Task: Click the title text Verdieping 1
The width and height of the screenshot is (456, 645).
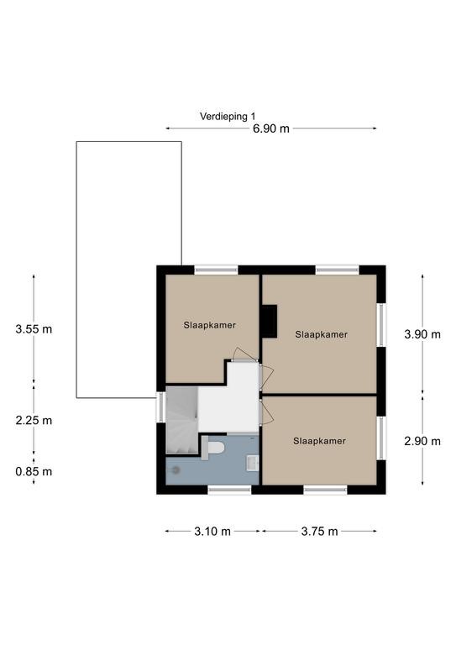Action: coord(228,117)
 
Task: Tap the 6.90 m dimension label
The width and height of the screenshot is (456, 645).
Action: coord(271,128)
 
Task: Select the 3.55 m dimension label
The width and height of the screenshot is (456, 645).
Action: coord(34,329)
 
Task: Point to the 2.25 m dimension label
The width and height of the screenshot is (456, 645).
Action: coord(34,421)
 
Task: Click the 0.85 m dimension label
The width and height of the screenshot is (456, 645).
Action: coord(34,471)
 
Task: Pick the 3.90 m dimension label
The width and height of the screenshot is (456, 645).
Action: coord(422,334)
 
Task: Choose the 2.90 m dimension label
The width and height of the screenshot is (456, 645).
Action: coord(422,442)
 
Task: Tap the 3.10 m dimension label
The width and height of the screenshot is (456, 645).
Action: coord(212,532)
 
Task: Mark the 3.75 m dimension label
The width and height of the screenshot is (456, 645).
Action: coord(319,532)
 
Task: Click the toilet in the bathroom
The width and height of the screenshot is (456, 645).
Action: coord(213,448)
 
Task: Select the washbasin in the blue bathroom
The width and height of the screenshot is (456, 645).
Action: coord(252,463)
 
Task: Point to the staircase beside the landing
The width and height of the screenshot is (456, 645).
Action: coord(181,421)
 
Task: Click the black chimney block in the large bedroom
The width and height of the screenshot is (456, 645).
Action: coord(270,322)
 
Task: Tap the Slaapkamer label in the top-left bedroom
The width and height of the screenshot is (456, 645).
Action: coord(210,325)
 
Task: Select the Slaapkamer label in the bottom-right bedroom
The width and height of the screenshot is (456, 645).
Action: coord(319,441)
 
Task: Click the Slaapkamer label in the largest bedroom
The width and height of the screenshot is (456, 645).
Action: coord(321,335)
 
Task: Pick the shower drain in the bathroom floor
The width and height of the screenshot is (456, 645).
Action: coord(176,470)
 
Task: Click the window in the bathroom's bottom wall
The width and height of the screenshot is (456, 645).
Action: coord(229,490)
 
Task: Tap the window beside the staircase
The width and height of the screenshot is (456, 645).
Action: coord(160,407)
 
